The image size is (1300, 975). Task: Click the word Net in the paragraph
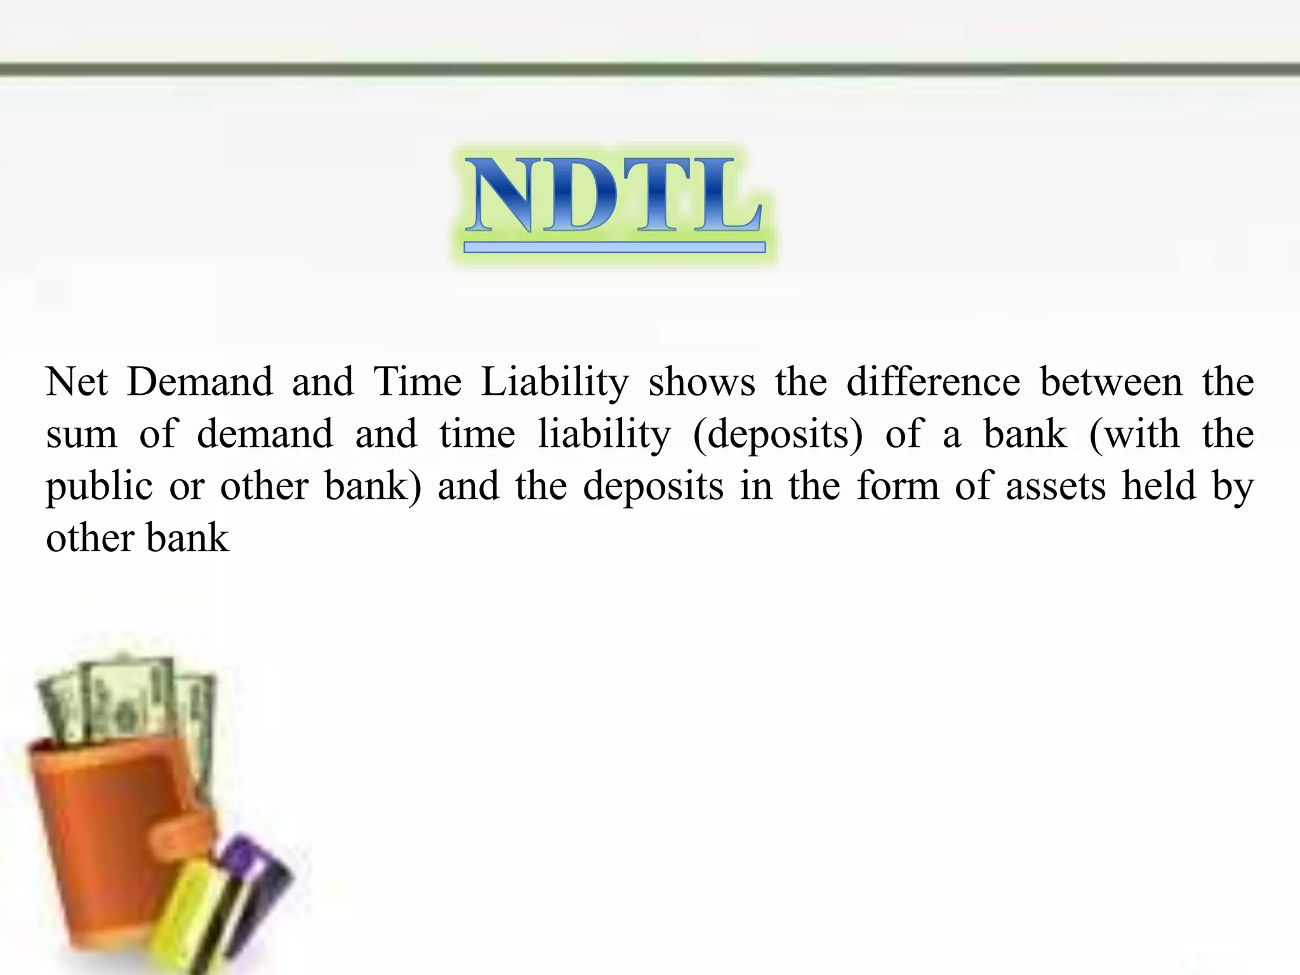point(77,382)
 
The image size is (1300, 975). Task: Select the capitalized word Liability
point(554,383)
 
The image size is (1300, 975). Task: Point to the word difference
point(933,382)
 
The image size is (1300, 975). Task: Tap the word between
point(1111,382)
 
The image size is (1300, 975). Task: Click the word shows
point(701,383)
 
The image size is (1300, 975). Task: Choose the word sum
point(82,435)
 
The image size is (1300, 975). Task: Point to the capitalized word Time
point(417,382)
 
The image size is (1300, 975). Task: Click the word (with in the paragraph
point(1134,435)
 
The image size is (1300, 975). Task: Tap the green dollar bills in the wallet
point(127,705)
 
